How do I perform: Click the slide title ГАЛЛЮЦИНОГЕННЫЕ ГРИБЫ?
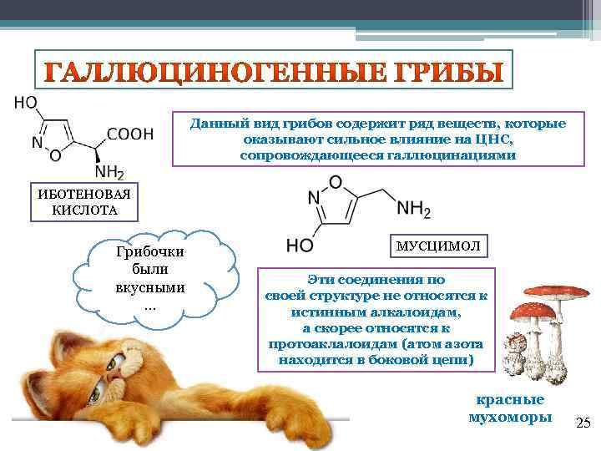tap(274, 73)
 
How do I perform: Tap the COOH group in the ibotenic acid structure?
tap(131, 133)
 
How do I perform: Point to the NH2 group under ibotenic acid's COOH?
tap(109, 173)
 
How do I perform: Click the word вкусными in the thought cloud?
tap(150, 288)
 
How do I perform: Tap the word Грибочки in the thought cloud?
tap(150, 252)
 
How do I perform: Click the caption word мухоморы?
tap(509, 417)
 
